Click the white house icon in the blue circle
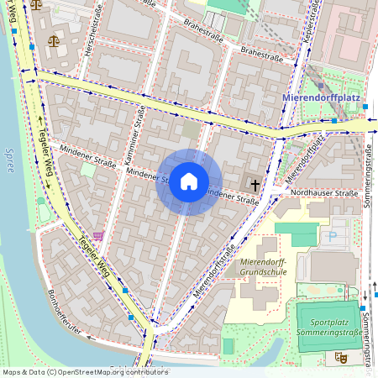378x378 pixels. pyautogui.click(x=189, y=181)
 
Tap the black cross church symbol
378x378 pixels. pyautogui.click(x=255, y=183)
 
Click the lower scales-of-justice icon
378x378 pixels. pyautogui.click(x=55, y=39)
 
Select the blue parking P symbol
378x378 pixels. pyautogui.click(x=332, y=238)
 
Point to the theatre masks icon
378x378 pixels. pyautogui.click(x=341, y=356)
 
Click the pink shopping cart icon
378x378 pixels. pyautogui.click(x=99, y=236)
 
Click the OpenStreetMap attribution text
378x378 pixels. pyautogui.click(x=84, y=371)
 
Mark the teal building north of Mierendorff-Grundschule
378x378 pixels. pyautogui.click(x=298, y=229)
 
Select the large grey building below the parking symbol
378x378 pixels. pyautogui.click(x=333, y=266)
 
